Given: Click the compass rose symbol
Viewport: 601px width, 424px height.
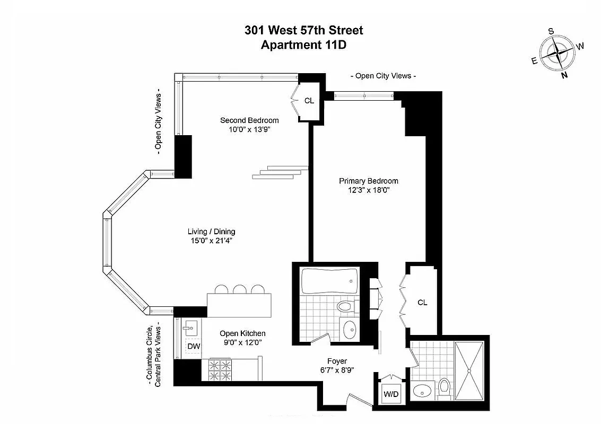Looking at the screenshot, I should click(559, 53).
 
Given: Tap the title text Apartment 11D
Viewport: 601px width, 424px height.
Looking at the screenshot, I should click(303, 45).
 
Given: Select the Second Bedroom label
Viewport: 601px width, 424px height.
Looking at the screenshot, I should click(249, 120).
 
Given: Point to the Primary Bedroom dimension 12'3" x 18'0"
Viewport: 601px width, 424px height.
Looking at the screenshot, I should click(368, 191).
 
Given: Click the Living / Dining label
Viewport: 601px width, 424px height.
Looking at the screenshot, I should click(211, 232).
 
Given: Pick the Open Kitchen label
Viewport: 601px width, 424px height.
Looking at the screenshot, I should click(242, 333).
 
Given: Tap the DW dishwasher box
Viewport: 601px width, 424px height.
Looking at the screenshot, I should click(194, 346).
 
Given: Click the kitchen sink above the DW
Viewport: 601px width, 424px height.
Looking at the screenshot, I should click(190, 328).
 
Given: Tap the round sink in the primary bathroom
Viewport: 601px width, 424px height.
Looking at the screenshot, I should click(423, 392).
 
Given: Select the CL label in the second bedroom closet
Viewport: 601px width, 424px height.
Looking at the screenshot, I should click(309, 100).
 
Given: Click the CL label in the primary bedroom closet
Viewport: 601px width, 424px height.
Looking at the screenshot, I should click(422, 303).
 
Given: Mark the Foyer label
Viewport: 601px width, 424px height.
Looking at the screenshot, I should click(337, 361).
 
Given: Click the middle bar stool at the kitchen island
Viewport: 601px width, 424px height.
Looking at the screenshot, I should click(240, 289).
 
